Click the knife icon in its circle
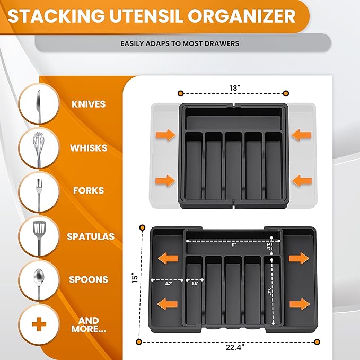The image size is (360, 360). pos(38,104)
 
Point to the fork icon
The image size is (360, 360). pos(38,191)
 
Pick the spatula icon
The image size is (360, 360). pos(38,235)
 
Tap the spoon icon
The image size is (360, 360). pos(38,279)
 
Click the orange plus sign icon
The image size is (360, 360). pos(38,324)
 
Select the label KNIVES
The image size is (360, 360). pos(89,104)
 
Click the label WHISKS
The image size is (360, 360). pos(89,148)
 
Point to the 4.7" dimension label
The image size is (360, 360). pos(169,284)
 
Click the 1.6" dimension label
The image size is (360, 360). pos(195,284)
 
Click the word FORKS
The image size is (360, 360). pos(89,191)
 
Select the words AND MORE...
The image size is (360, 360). pos(89,324)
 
